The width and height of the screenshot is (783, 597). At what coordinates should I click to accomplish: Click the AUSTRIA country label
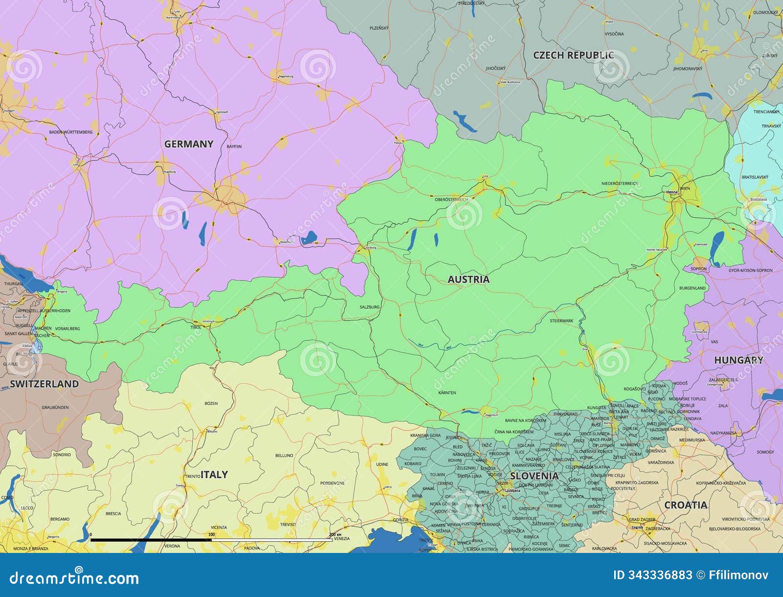(x=468, y=279)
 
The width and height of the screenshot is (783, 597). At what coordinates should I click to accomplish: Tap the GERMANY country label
(x=188, y=144)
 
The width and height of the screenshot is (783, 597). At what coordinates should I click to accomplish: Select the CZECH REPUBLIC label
(x=573, y=55)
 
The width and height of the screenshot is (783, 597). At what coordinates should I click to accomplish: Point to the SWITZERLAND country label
(x=44, y=384)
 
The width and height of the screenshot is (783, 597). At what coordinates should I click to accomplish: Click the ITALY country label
(x=214, y=474)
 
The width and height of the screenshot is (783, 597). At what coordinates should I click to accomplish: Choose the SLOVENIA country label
(x=534, y=476)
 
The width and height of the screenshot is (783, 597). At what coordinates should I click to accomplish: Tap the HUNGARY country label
(x=738, y=360)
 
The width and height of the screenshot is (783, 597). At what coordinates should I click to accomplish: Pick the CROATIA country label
(x=685, y=505)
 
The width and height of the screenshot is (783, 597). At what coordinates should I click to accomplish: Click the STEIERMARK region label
(x=561, y=321)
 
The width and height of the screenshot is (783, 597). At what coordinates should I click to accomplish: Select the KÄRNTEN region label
(x=447, y=392)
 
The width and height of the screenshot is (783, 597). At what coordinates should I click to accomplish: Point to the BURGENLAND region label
(x=692, y=288)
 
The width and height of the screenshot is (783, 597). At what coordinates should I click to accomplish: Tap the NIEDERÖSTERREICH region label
(x=620, y=184)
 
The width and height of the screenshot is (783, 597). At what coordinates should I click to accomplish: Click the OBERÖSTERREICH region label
(x=451, y=200)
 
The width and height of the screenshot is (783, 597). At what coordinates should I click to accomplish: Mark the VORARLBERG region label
(x=68, y=328)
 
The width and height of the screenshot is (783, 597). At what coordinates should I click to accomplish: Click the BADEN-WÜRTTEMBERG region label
(x=70, y=132)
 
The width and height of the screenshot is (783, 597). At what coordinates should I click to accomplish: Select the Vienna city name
(x=672, y=192)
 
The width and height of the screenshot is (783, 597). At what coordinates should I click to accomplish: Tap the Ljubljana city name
(x=512, y=490)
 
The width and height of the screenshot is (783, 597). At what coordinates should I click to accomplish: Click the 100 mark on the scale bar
(x=211, y=534)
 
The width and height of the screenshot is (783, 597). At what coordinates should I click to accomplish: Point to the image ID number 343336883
(x=652, y=575)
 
